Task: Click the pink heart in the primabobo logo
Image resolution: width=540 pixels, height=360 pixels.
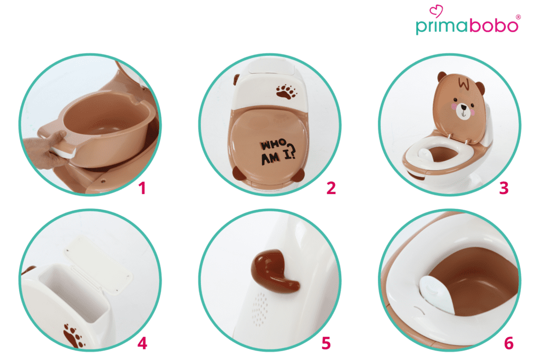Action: point(436,11)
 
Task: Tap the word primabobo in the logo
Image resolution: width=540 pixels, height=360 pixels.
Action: point(467,26)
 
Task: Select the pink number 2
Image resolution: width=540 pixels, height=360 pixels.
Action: point(331,188)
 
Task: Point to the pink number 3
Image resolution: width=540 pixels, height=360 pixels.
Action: point(504,188)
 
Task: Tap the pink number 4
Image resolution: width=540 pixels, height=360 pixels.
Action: point(142,343)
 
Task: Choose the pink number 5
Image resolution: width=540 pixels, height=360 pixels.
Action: point(326,343)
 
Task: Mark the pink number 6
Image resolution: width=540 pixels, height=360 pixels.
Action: point(509,343)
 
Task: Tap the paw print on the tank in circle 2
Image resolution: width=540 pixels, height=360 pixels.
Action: point(286,91)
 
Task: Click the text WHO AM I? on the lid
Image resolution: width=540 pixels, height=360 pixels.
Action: point(277,152)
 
